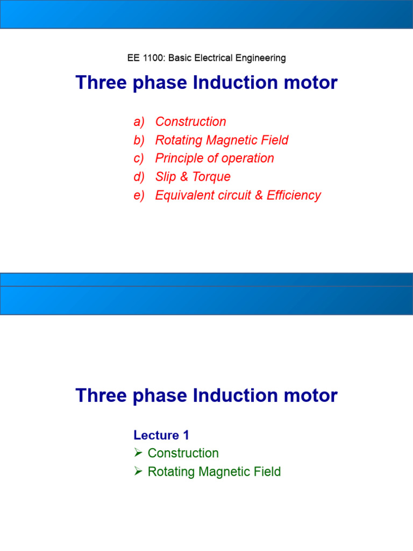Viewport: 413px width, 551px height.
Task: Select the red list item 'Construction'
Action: click(190, 122)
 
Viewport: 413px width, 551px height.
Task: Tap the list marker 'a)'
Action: click(139, 122)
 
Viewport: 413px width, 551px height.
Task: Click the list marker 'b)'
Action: click(139, 140)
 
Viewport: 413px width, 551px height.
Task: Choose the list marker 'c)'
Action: click(139, 159)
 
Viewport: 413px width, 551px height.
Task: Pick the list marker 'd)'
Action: click(139, 177)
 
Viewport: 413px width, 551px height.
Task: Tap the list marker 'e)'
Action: click(139, 195)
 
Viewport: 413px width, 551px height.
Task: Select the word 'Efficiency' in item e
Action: click(294, 195)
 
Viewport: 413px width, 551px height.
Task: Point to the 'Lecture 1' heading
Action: click(161, 435)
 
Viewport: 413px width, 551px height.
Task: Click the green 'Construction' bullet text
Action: click(183, 454)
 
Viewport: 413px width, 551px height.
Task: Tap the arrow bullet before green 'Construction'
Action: click(138, 453)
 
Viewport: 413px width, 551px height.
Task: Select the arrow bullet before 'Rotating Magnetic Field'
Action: click(138, 472)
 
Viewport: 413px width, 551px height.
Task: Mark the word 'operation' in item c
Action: click(249, 159)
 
